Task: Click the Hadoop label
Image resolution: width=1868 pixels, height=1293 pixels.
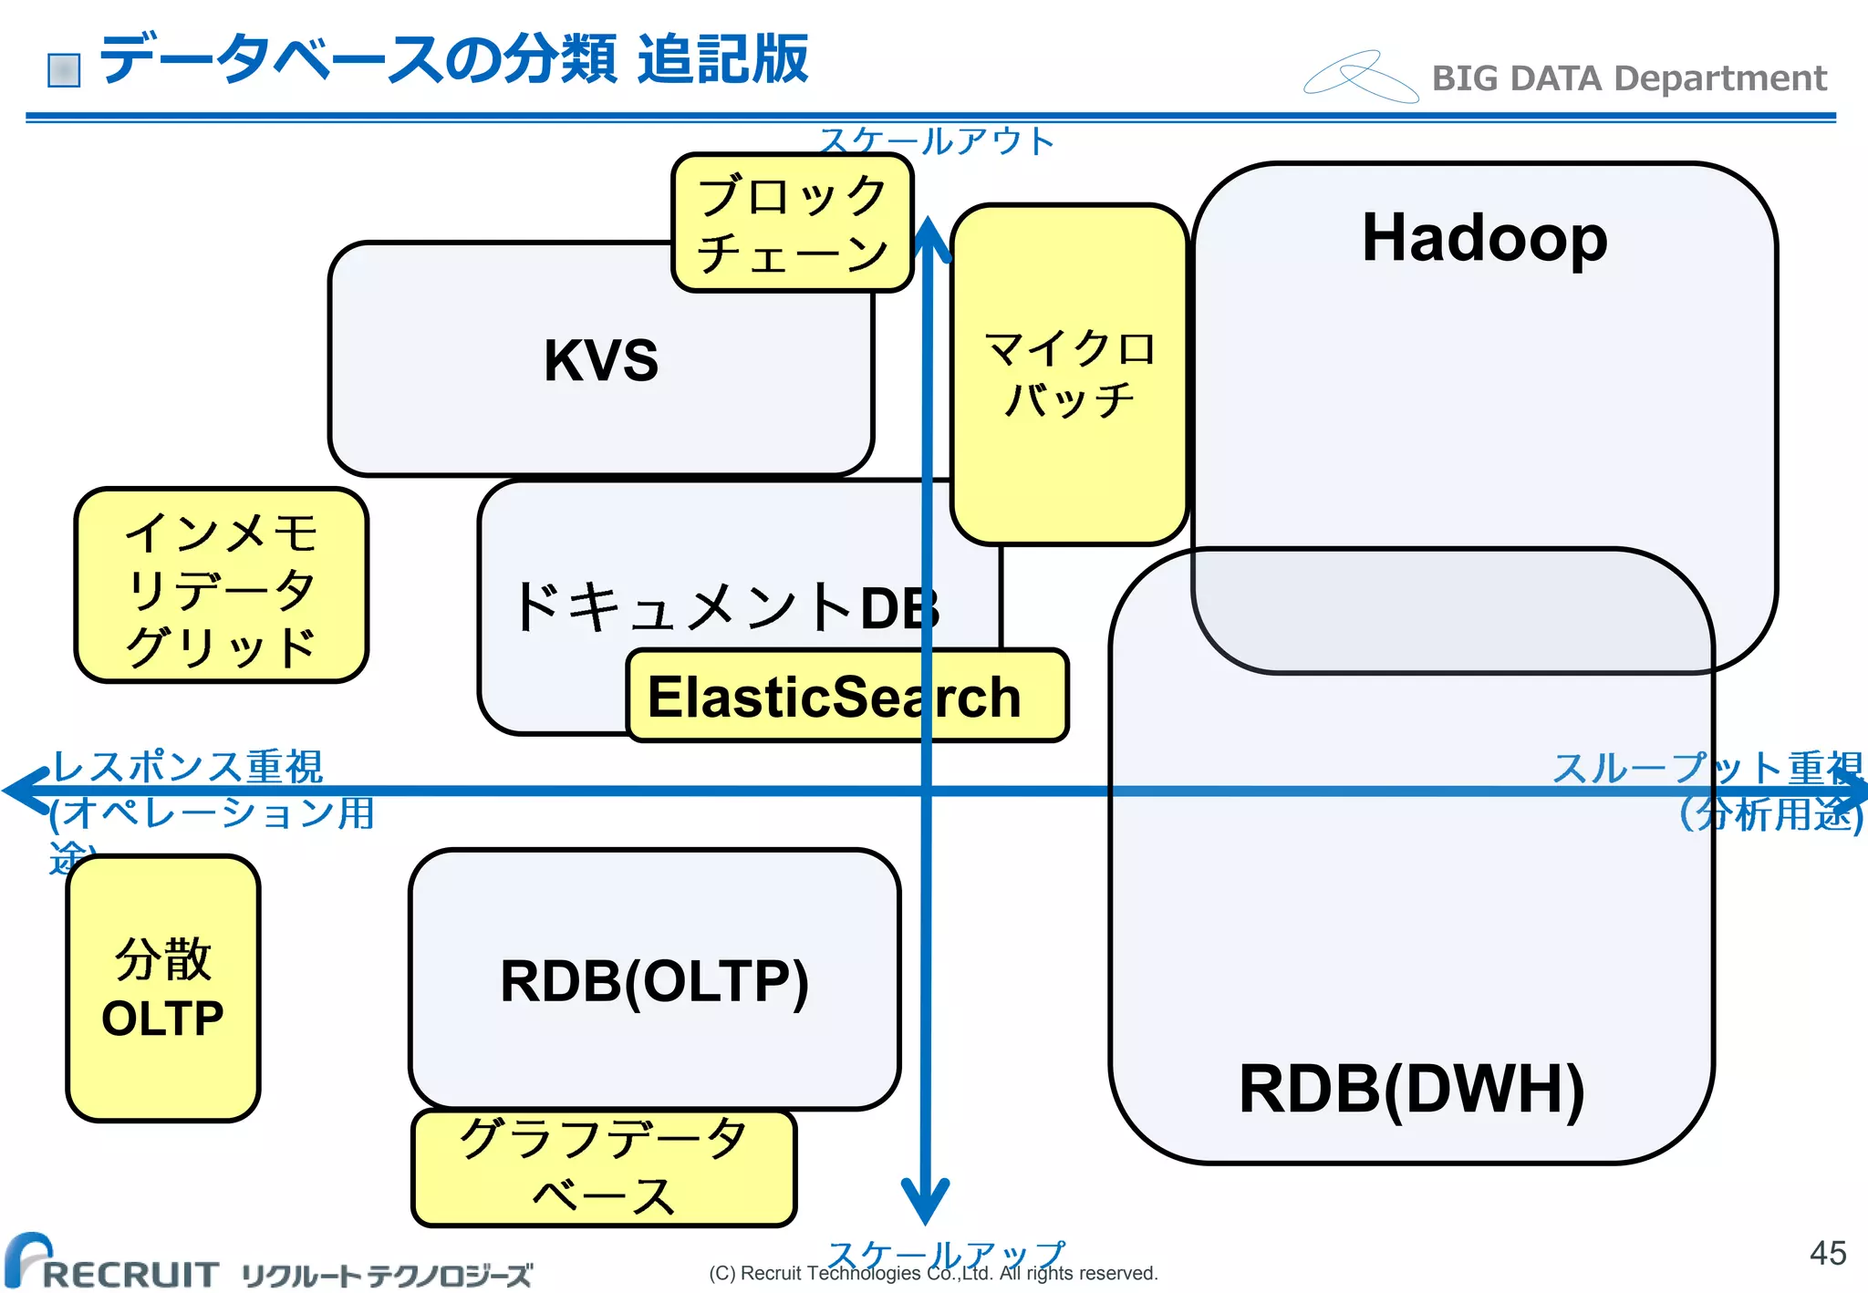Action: click(x=1484, y=238)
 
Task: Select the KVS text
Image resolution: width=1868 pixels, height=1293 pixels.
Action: click(x=601, y=359)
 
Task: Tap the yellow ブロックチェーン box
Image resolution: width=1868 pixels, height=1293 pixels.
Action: click(x=792, y=223)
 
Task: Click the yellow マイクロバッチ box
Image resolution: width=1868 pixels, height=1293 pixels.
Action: click(x=1069, y=374)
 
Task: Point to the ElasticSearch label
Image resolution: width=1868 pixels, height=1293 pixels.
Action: click(x=834, y=698)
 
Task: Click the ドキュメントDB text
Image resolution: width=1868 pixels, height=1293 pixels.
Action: click(x=725, y=607)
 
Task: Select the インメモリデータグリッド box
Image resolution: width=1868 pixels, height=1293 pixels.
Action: click(x=222, y=585)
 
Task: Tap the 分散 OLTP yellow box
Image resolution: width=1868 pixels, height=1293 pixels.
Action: click(x=163, y=988)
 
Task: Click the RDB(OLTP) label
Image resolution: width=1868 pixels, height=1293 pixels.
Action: click(x=654, y=981)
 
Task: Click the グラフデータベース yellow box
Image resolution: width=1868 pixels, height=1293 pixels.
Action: click(x=604, y=1167)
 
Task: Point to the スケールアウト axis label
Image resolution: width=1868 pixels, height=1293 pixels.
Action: click(x=937, y=141)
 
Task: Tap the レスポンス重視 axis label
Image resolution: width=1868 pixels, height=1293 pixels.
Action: click(x=188, y=767)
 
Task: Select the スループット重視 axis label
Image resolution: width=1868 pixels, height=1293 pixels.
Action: click(x=1707, y=768)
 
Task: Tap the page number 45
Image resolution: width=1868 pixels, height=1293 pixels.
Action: click(x=1827, y=1253)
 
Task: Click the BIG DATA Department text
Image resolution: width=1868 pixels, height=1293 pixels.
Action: click(x=1629, y=78)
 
